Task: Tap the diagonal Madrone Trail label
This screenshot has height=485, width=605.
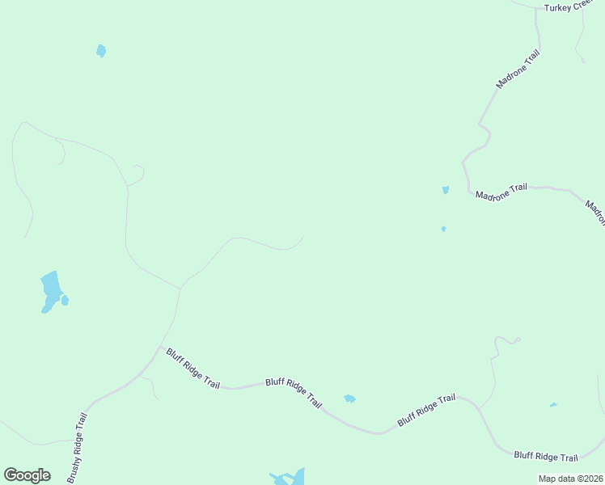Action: coord(518,69)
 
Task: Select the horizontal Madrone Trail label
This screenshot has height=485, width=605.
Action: coord(501,192)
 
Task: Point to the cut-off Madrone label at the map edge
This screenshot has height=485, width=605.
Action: coord(596,213)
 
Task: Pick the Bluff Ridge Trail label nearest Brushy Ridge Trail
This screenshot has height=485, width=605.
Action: coord(192,369)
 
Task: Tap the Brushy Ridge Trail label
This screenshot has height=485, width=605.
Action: coord(77,448)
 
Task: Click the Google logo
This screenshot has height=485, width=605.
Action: coord(27,475)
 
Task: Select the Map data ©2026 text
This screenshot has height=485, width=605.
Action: coord(571,479)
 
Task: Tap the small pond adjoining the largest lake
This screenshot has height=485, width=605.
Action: coord(65,301)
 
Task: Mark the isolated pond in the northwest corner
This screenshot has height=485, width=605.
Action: coord(101,51)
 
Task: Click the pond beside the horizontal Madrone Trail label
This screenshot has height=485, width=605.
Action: coord(446,190)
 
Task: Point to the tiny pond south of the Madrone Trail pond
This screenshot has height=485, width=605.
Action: coord(443,229)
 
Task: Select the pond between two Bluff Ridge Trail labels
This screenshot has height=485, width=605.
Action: coord(349,399)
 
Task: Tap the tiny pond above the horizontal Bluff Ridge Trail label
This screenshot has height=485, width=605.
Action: coord(553,405)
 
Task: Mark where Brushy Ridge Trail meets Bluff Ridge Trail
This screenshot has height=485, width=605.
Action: coord(159,349)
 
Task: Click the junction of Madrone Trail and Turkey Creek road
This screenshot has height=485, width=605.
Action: coord(537,10)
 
